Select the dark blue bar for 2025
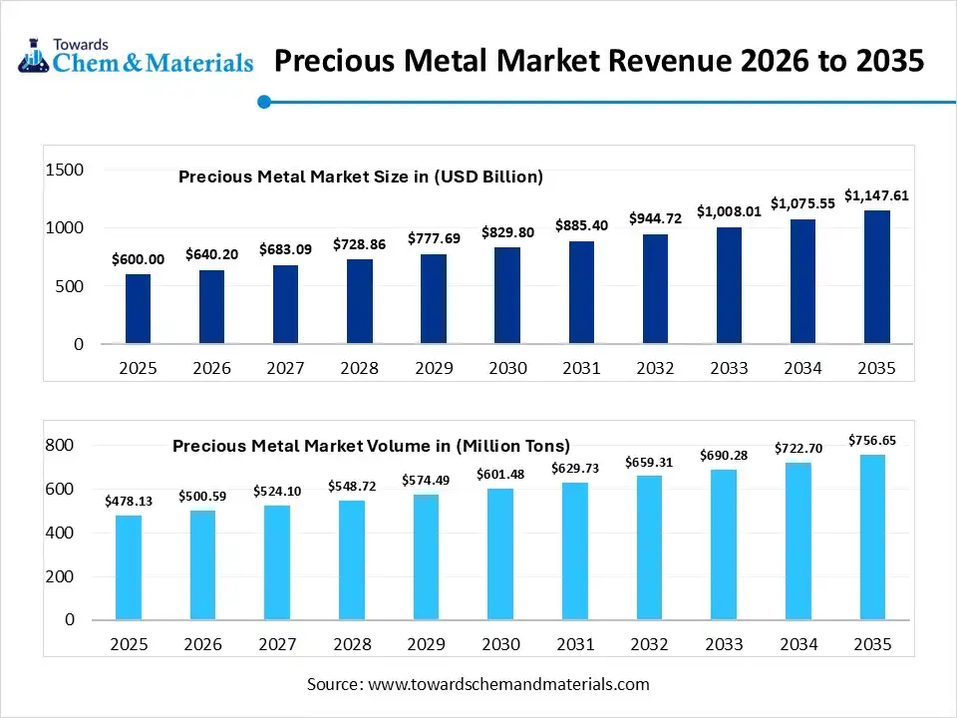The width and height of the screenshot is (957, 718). point(138,309)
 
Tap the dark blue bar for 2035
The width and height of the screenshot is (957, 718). point(876,277)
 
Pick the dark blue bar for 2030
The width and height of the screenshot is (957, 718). point(506,295)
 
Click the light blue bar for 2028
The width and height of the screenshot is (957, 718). point(352,559)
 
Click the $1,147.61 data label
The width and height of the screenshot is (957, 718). point(876,195)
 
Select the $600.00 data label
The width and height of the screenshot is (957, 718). point(138,259)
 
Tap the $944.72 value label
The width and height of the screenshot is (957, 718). point(655,217)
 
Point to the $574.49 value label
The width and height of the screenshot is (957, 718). point(426,481)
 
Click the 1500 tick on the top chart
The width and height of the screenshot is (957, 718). point(65,171)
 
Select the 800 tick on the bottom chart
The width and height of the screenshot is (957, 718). point(61,446)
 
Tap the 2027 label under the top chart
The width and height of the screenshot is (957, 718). point(285,369)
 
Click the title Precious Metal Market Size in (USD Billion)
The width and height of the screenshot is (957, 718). point(360,177)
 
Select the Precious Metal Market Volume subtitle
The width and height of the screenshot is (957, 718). point(371,446)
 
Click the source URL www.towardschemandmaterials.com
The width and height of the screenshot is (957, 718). point(508,684)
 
